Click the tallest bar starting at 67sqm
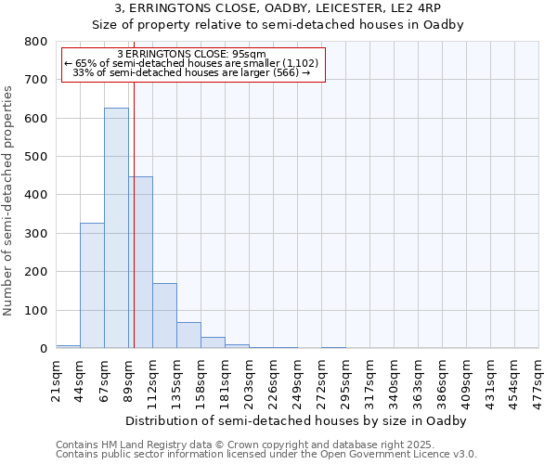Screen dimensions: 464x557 pyautogui.click(x=116, y=228)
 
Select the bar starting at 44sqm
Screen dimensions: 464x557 pyautogui.click(x=92, y=286)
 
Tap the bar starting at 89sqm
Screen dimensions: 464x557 pyautogui.click(x=141, y=263)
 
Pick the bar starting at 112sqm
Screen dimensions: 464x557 pyautogui.click(x=164, y=316)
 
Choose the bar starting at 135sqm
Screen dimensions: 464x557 pyautogui.click(x=188, y=335)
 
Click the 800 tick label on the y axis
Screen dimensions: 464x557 pyautogui.click(x=36, y=42)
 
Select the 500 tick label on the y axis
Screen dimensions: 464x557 pyautogui.click(x=36, y=157)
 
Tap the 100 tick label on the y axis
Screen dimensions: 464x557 pyautogui.click(x=36, y=310)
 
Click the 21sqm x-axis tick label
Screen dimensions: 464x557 pyautogui.click(x=57, y=378)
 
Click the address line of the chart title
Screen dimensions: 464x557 pyautogui.click(x=278, y=8)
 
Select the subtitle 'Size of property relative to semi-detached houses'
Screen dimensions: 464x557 pyautogui.click(x=278, y=25)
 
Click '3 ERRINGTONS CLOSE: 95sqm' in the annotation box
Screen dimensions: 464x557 pyautogui.click(x=192, y=54)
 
